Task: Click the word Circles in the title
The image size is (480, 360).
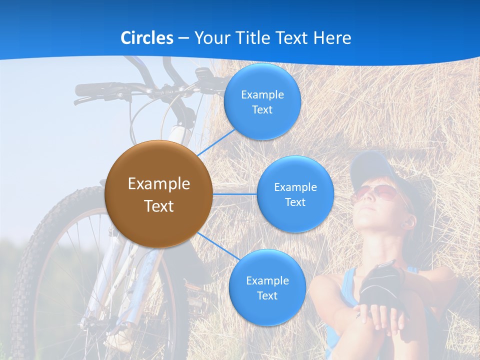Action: tap(147, 38)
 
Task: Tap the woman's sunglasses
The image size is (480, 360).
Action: tap(380, 192)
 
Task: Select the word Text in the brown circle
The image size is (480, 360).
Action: tap(158, 206)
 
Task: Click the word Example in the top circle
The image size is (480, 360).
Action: tap(262, 94)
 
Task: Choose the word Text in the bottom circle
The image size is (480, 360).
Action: tap(267, 295)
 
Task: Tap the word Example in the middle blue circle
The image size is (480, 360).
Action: tap(295, 187)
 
